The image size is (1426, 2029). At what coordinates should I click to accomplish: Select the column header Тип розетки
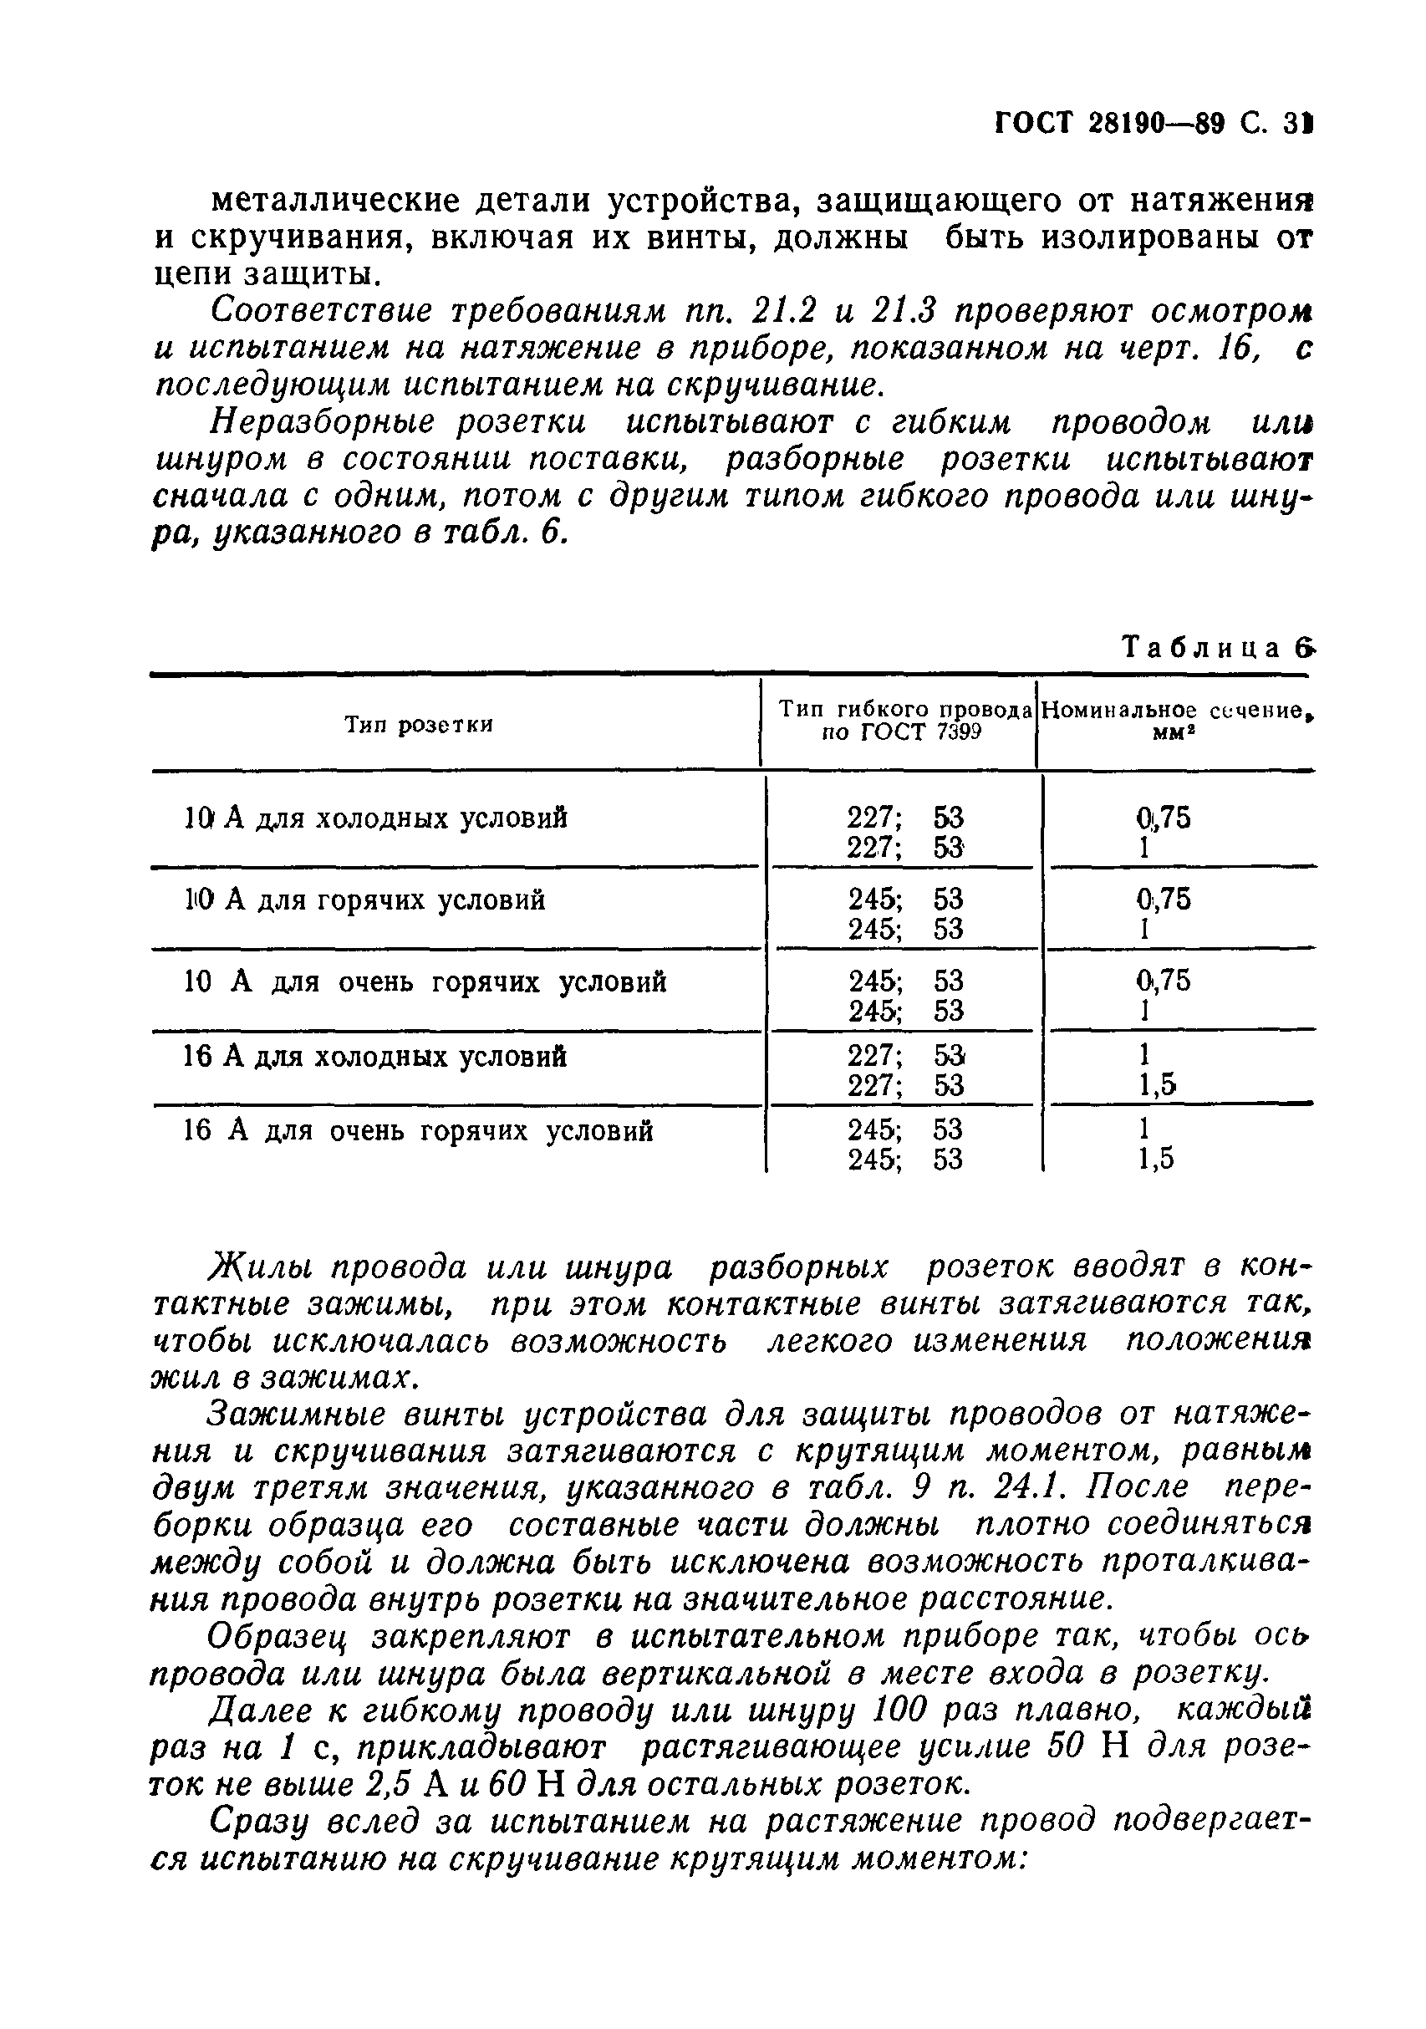[x=418, y=726]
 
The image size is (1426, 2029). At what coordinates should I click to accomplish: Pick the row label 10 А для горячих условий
[x=364, y=900]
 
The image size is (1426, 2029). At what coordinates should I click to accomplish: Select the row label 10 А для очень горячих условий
[x=424, y=981]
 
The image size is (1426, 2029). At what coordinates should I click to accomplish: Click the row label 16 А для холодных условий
[x=374, y=1057]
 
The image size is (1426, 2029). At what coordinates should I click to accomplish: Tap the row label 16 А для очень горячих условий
[x=418, y=1131]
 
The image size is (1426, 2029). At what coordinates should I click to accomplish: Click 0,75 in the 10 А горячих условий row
[x=1164, y=900]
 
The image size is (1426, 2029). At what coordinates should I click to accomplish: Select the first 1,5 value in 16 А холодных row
[x=1158, y=1085]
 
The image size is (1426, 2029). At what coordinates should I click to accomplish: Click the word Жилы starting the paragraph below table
[x=259, y=1267]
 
